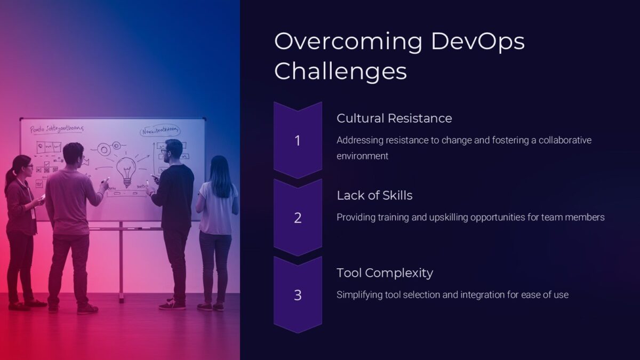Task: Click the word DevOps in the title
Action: click(x=477, y=42)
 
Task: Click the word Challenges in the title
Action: click(x=340, y=71)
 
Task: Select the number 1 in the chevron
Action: click(x=298, y=141)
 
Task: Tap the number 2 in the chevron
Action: click(x=298, y=218)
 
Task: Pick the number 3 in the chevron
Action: click(x=298, y=295)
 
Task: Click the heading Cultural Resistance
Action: click(x=394, y=118)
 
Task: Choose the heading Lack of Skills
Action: click(x=374, y=195)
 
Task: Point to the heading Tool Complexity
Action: click(x=385, y=273)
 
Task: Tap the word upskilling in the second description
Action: click(x=452, y=217)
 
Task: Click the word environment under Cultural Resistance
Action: click(x=362, y=156)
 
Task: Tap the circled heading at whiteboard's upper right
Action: click(x=160, y=131)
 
